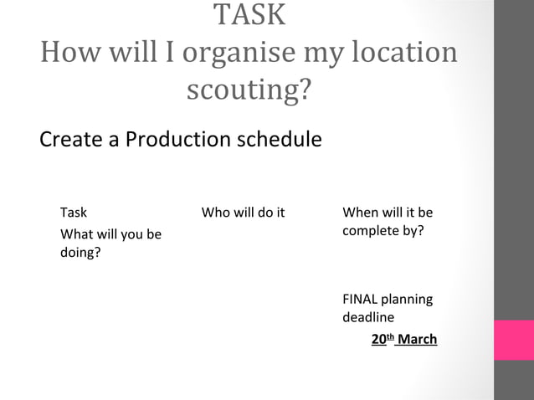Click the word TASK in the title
[249, 14]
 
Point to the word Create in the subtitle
[69, 138]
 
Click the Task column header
[74, 213]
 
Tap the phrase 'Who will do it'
[243, 213]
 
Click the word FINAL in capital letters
[361, 299]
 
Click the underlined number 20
[378, 339]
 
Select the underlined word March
[417, 339]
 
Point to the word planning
[408, 299]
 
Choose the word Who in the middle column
[215, 213]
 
